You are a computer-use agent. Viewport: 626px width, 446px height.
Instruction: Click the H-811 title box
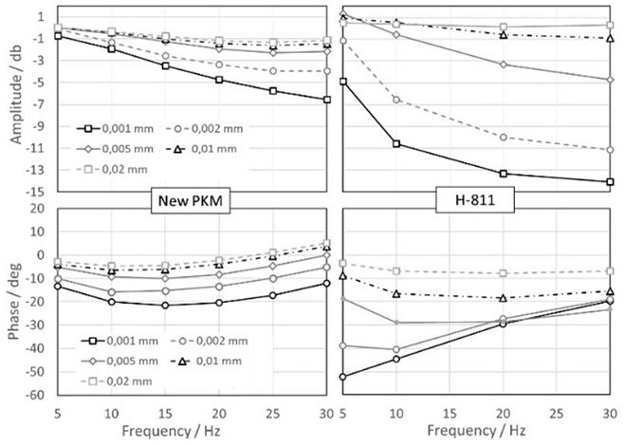(x=475, y=201)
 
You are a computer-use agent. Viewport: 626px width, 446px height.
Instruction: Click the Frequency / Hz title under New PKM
(x=171, y=431)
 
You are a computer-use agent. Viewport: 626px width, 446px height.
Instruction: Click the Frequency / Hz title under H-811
(x=476, y=431)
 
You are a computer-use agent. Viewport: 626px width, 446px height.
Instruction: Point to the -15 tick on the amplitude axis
(x=36, y=192)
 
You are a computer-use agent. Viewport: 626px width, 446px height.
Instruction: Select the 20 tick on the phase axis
(x=38, y=208)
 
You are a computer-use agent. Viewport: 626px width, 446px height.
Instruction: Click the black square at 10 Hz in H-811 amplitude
(x=396, y=144)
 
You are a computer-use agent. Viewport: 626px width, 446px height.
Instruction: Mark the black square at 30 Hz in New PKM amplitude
(x=327, y=100)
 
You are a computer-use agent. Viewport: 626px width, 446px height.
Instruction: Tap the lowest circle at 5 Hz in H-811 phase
(x=343, y=377)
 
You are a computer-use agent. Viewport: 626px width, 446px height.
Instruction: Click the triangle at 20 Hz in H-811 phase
(x=503, y=298)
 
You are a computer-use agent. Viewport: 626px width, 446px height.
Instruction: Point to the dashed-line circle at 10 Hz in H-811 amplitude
(x=396, y=100)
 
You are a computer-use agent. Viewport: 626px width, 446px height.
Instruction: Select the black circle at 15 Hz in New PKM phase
(x=165, y=305)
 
